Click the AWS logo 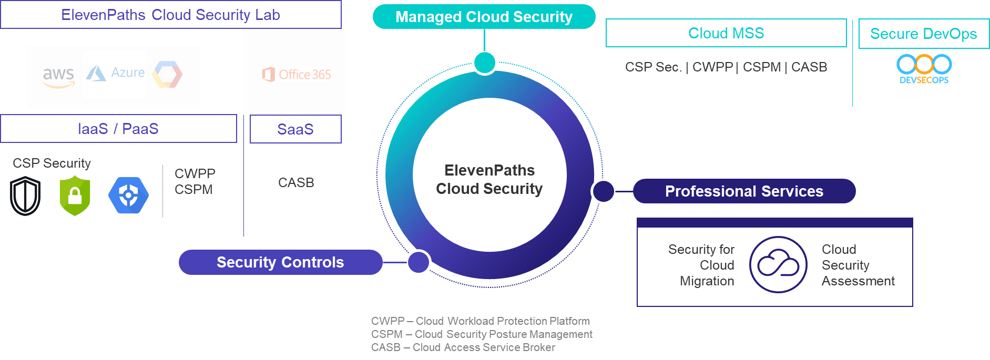pyautogui.click(x=58, y=77)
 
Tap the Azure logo pyautogui.click(x=115, y=73)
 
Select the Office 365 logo pyautogui.click(x=297, y=75)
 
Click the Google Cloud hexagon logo pyautogui.click(x=167, y=75)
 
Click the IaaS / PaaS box pyautogui.click(x=118, y=129)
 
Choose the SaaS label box pyautogui.click(x=295, y=129)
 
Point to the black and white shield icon pyautogui.click(x=25, y=196)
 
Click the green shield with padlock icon pyautogui.click(x=75, y=196)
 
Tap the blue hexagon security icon pyautogui.click(x=128, y=196)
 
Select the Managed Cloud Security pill pyautogui.click(x=484, y=17)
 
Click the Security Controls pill pyautogui.click(x=280, y=262)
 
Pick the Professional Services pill pyautogui.click(x=744, y=191)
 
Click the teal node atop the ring pyautogui.click(x=484, y=63)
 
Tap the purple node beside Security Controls pyautogui.click(x=419, y=262)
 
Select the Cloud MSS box pyautogui.click(x=726, y=33)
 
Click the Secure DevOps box pyautogui.click(x=923, y=34)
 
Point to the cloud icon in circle pyautogui.click(x=778, y=264)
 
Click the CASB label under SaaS pyautogui.click(x=296, y=182)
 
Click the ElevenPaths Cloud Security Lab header pyautogui.click(x=170, y=15)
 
